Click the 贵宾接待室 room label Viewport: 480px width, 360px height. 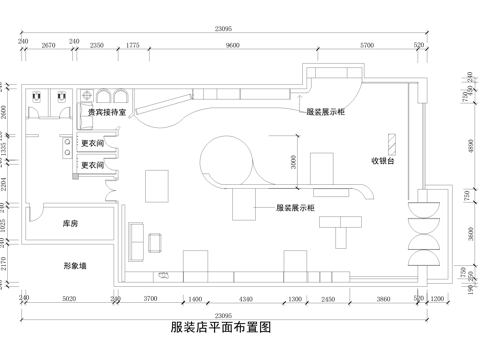click(x=105, y=114)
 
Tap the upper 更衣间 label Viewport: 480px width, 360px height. click(x=93, y=145)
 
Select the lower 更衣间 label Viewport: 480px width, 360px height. click(x=93, y=166)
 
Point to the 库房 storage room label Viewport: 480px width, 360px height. click(x=70, y=224)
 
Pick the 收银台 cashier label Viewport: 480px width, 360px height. click(x=386, y=160)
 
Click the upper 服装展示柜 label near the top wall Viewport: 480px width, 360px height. click(x=326, y=113)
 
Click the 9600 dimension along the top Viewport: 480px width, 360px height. click(x=233, y=46)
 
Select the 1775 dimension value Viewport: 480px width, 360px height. click(x=133, y=46)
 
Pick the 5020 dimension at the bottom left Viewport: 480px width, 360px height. click(x=69, y=299)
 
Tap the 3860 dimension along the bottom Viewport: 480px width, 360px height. click(x=384, y=299)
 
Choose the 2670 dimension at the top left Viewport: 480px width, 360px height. click(x=48, y=46)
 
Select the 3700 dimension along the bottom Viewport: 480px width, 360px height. click(x=151, y=299)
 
